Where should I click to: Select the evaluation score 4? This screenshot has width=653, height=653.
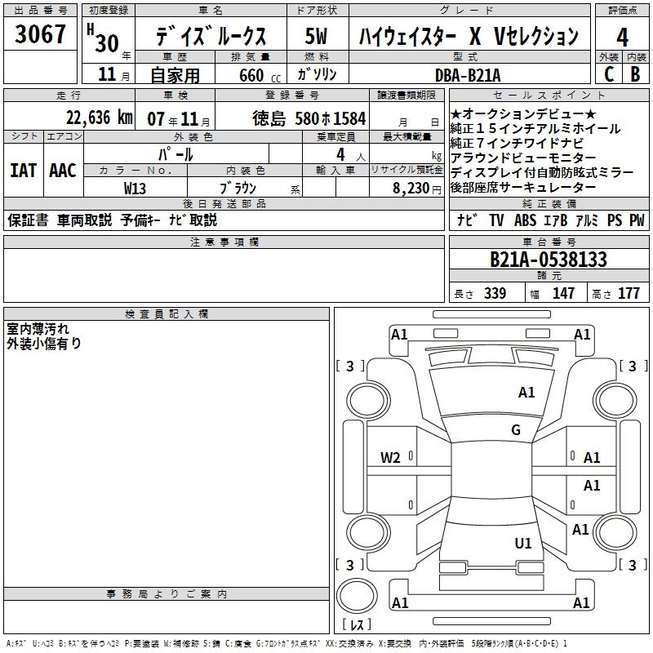click(x=623, y=37)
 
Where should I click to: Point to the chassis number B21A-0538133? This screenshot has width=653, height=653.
click(x=549, y=260)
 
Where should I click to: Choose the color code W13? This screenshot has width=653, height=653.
click(x=135, y=188)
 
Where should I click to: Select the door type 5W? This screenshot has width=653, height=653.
click(x=317, y=36)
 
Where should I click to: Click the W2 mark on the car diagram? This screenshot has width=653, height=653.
click(x=390, y=458)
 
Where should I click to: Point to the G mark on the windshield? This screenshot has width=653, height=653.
click(x=516, y=430)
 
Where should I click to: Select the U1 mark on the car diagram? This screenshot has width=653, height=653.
click(x=523, y=543)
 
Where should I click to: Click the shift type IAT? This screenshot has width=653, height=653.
click(x=23, y=171)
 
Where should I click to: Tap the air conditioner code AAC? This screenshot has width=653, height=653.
click(x=62, y=171)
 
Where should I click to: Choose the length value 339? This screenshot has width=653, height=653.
click(x=495, y=294)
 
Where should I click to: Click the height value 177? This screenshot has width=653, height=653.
click(x=629, y=294)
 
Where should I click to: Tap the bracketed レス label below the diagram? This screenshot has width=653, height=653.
click(x=356, y=626)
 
